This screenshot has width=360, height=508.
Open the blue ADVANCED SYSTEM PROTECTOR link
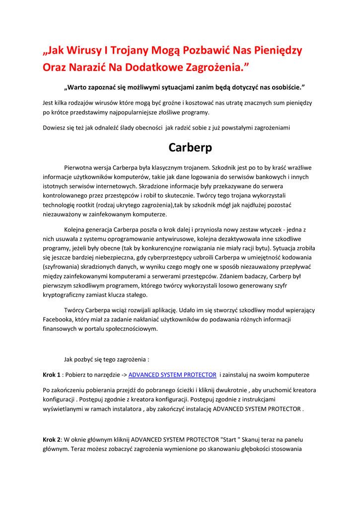click(172, 375)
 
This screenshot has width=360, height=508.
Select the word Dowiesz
click(55, 127)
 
